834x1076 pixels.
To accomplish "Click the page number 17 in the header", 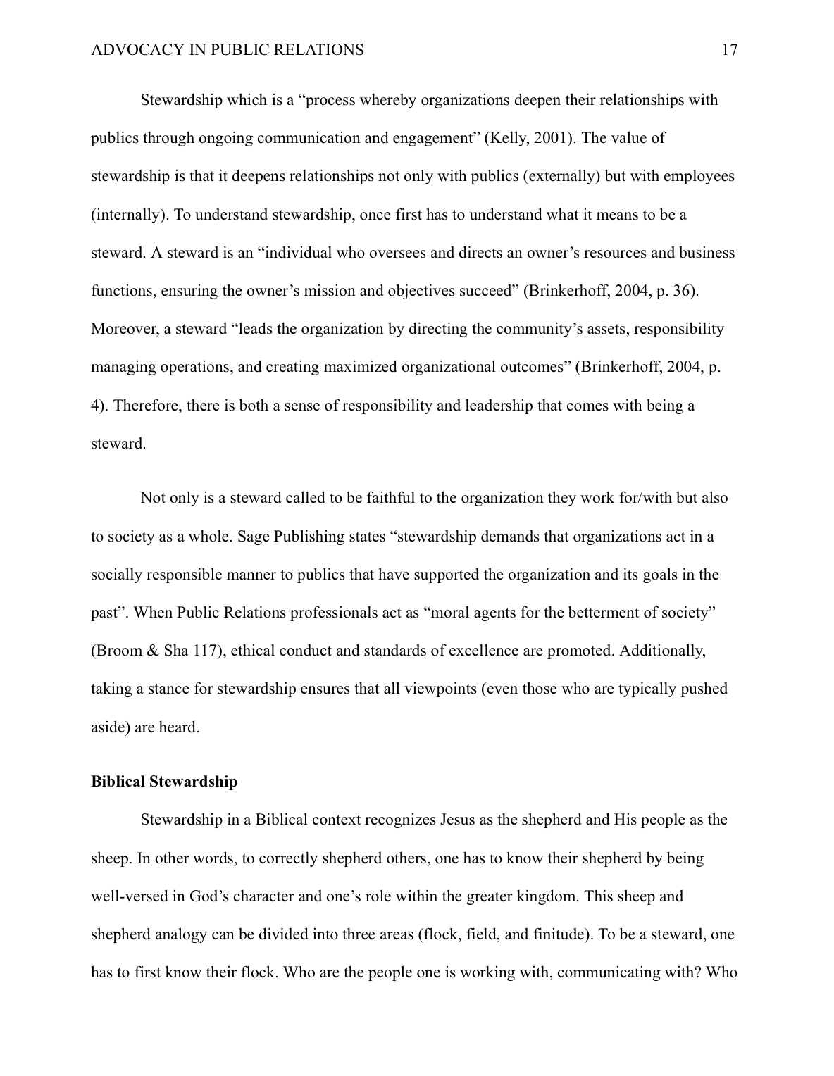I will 730,50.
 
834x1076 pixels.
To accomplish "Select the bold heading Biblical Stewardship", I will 164,782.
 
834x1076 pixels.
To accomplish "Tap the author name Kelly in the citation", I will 507,138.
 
